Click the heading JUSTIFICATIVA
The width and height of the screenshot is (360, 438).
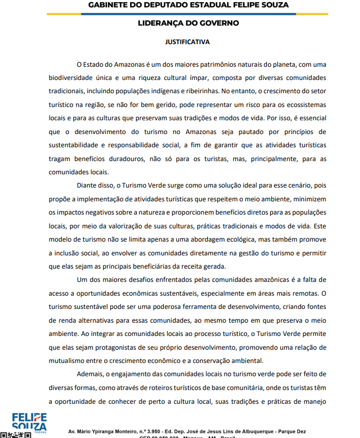(x=187, y=41)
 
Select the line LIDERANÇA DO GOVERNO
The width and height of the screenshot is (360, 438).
(x=188, y=23)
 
